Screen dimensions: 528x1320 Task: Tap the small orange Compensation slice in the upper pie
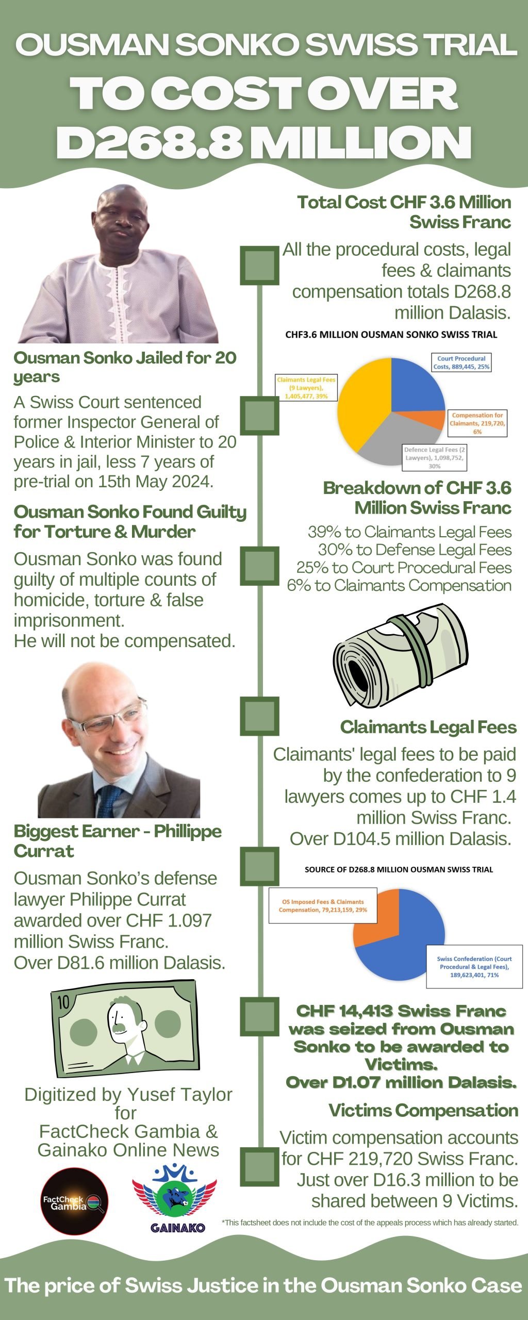tap(433, 420)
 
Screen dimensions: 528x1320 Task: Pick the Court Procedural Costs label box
tap(461, 362)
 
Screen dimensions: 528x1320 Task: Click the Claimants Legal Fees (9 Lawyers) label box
tap(306, 388)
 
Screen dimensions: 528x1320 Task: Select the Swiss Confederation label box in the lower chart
tap(474, 967)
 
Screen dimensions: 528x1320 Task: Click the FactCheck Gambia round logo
tap(75, 1201)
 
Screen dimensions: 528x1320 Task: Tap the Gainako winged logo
tap(175, 1197)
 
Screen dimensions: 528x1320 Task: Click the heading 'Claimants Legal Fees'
tap(428, 727)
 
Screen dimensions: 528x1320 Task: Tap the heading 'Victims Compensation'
tap(423, 1110)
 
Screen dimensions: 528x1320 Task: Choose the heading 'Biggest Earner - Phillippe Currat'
tap(118, 841)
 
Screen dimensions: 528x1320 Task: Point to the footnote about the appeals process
tap(370, 1223)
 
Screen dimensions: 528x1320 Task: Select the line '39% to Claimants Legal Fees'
tap(409, 532)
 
